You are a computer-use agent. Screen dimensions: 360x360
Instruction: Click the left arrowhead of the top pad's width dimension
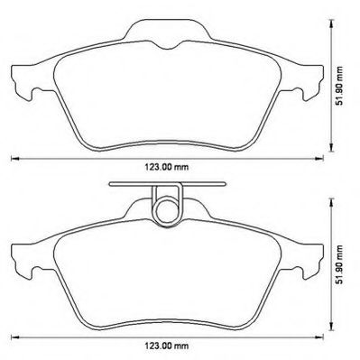click(13, 159)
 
